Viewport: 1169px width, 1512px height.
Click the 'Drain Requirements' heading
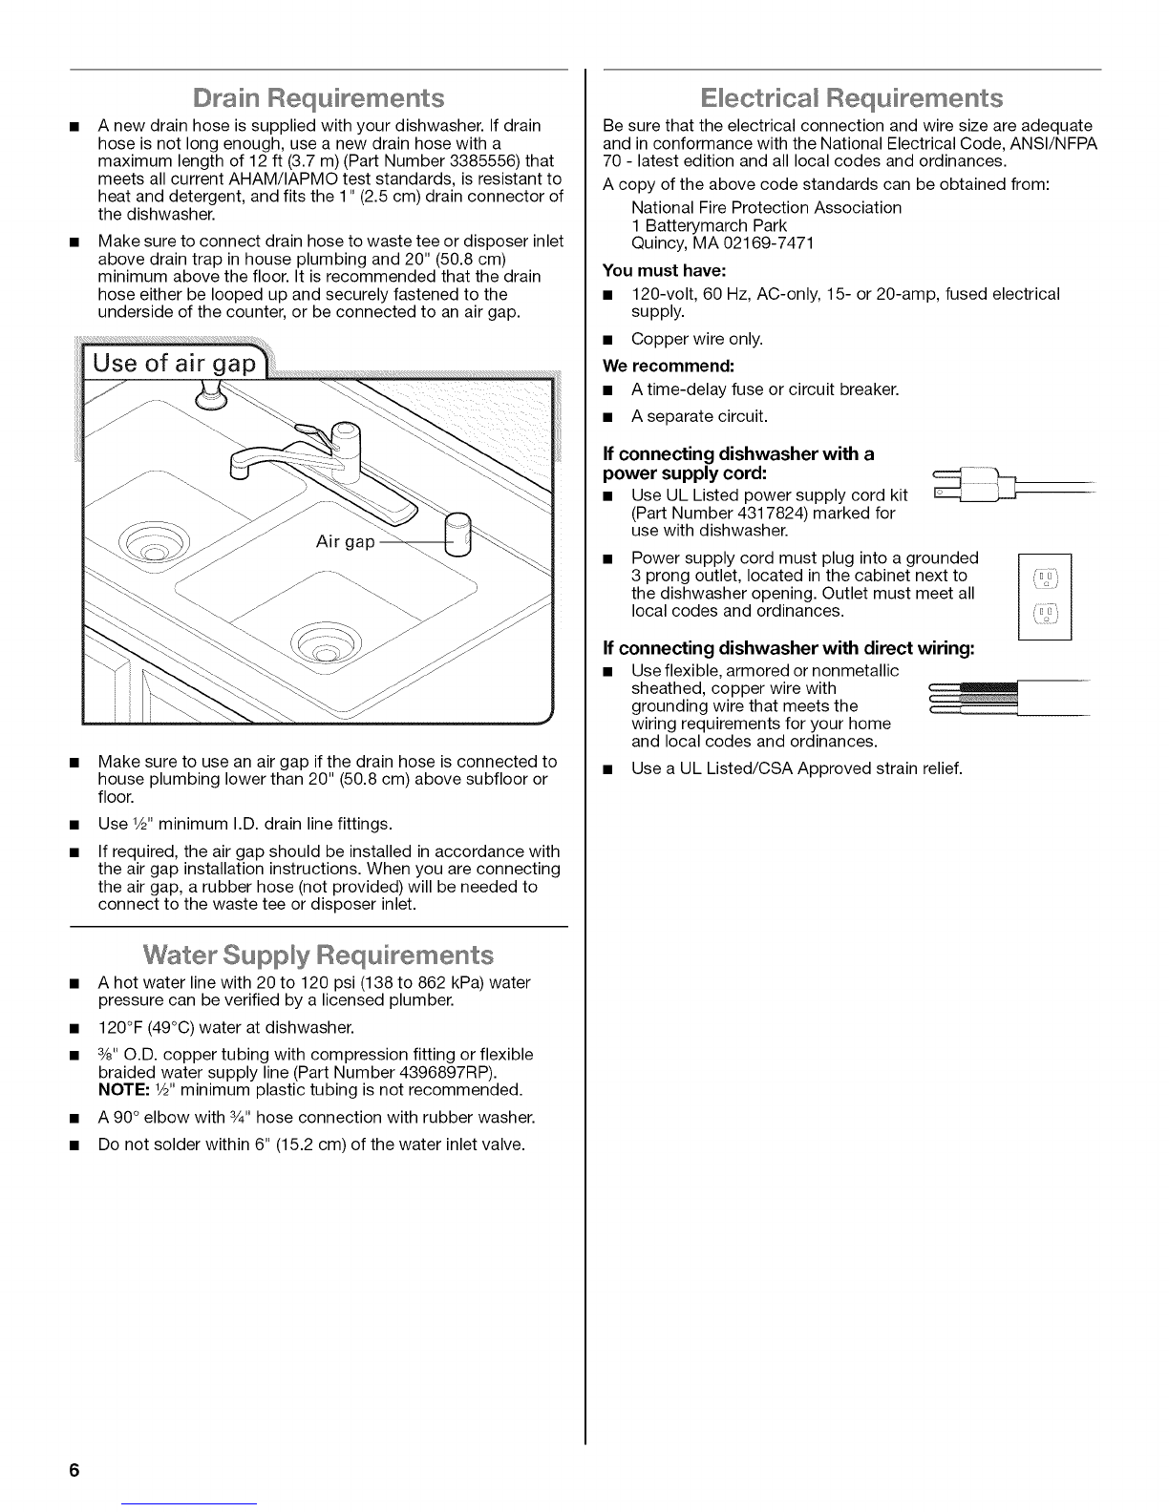click(x=319, y=98)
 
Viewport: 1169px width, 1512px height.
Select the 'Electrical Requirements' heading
click(x=852, y=98)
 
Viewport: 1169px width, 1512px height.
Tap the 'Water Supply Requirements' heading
click(x=319, y=955)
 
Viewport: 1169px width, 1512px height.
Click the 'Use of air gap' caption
click(x=176, y=364)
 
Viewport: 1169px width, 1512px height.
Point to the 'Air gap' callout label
click(x=346, y=542)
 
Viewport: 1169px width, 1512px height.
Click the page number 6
click(x=73, y=1470)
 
